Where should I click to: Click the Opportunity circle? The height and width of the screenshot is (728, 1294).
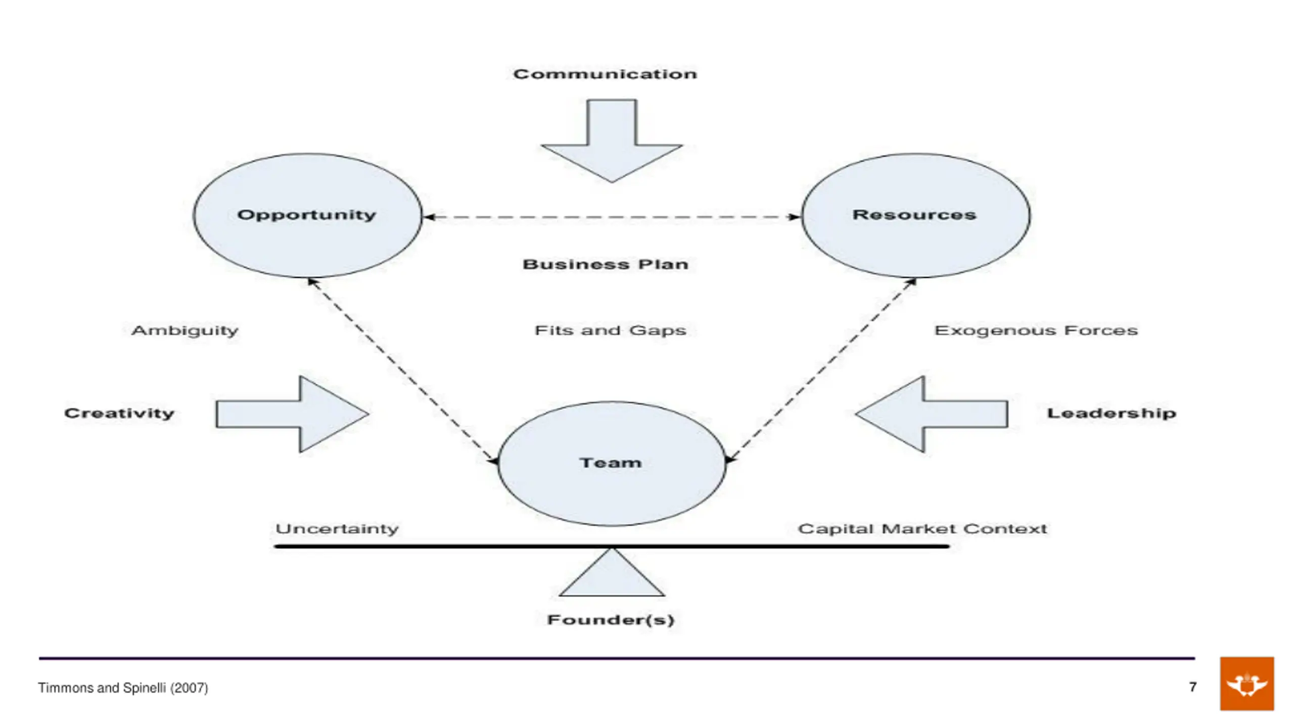[307, 216]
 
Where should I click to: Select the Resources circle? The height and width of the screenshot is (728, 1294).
[915, 216]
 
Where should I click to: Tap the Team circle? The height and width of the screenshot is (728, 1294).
[612, 464]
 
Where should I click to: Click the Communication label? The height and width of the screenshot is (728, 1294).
[605, 74]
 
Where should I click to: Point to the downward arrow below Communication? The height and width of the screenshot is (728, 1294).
[612, 141]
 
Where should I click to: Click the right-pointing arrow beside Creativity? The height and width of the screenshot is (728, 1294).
[292, 414]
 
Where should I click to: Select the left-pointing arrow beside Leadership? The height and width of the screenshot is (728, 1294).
[931, 414]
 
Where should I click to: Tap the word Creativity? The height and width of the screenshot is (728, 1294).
[119, 413]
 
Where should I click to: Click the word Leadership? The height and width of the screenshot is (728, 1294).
[1111, 413]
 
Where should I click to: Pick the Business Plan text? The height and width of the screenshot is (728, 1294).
[606, 264]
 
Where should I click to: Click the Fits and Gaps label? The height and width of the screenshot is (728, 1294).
[611, 331]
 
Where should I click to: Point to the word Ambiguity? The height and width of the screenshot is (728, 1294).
[184, 331]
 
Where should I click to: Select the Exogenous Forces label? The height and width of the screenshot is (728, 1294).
[1036, 331]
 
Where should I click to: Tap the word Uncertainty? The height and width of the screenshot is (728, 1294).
[337, 529]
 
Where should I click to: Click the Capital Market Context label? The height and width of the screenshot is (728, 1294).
[922, 529]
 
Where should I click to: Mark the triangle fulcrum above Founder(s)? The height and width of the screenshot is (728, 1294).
[612, 573]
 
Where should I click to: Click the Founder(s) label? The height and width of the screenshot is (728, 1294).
[611, 620]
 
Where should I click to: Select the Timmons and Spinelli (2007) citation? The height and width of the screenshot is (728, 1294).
[123, 688]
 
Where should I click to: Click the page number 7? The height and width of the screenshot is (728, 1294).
[1193, 687]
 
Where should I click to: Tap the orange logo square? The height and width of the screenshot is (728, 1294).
[1247, 684]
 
